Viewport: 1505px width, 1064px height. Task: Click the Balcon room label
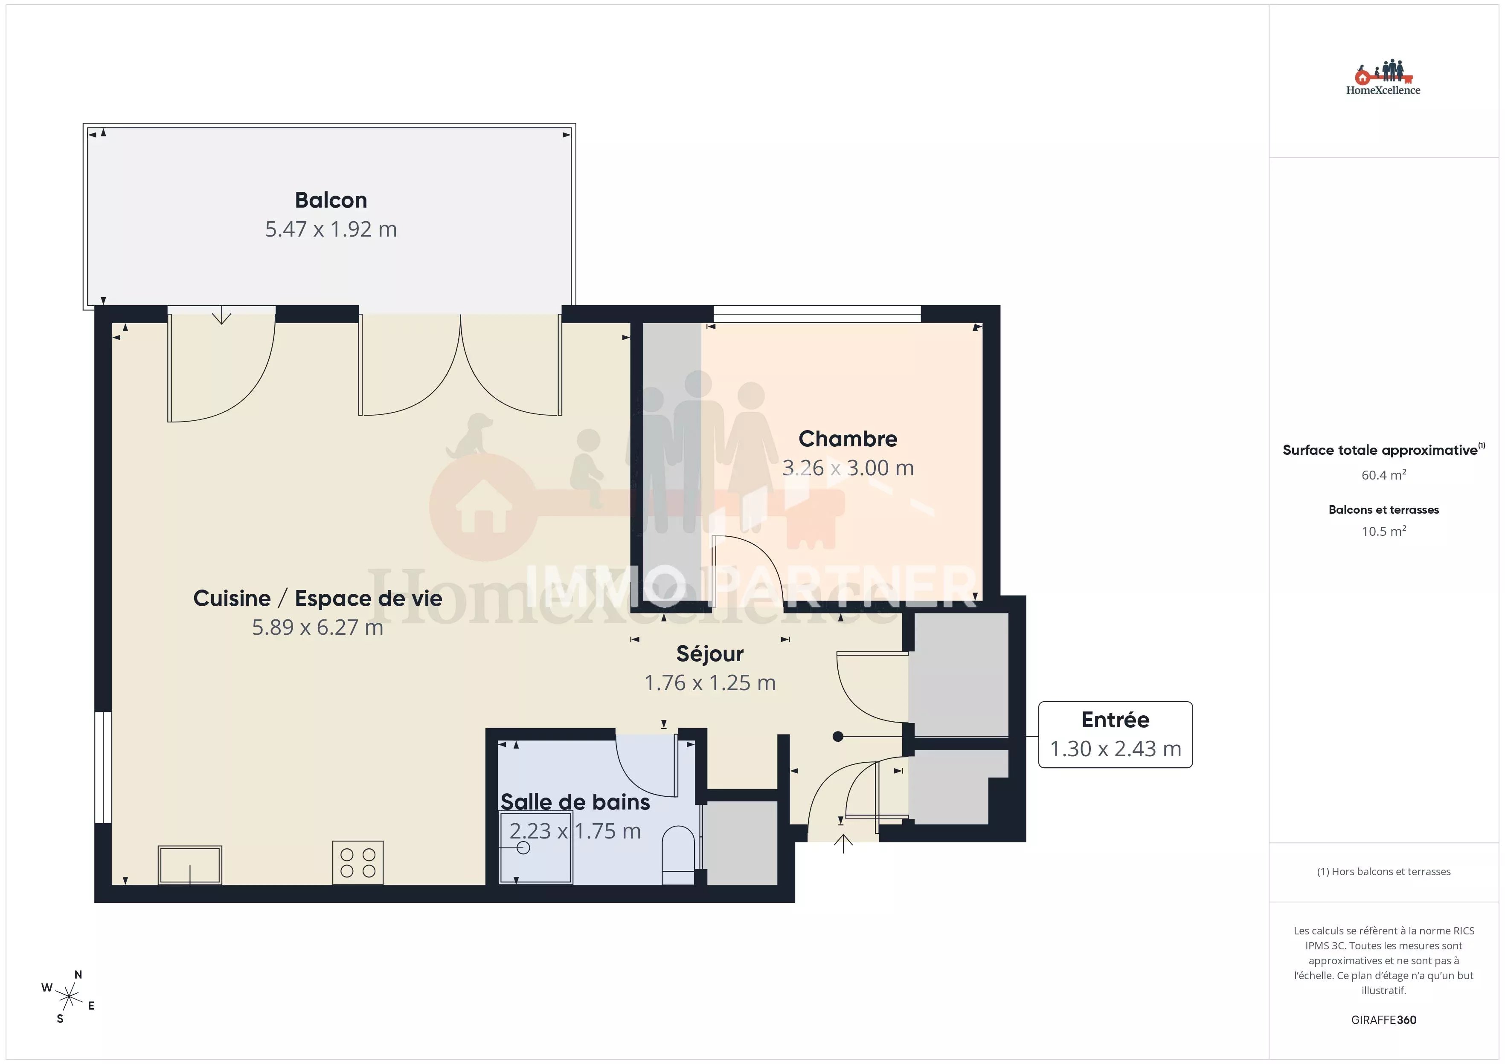(x=331, y=200)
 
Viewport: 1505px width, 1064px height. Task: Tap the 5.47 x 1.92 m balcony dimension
(x=331, y=229)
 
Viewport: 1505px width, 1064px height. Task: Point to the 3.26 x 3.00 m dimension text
(x=848, y=468)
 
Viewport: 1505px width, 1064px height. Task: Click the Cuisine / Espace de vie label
(x=318, y=598)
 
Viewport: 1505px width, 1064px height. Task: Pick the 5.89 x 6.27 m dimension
(x=318, y=627)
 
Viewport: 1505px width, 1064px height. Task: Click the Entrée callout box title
(x=1115, y=720)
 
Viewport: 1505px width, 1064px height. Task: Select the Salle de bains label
(x=575, y=802)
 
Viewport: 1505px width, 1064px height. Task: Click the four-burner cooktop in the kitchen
(x=358, y=863)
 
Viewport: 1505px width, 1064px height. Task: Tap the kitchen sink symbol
(x=190, y=865)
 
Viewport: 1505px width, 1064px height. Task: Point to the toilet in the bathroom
(x=678, y=855)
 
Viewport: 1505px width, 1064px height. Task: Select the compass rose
(x=68, y=997)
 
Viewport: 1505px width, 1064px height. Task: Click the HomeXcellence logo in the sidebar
(x=1383, y=78)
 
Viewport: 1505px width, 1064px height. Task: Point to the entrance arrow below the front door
(x=843, y=844)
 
